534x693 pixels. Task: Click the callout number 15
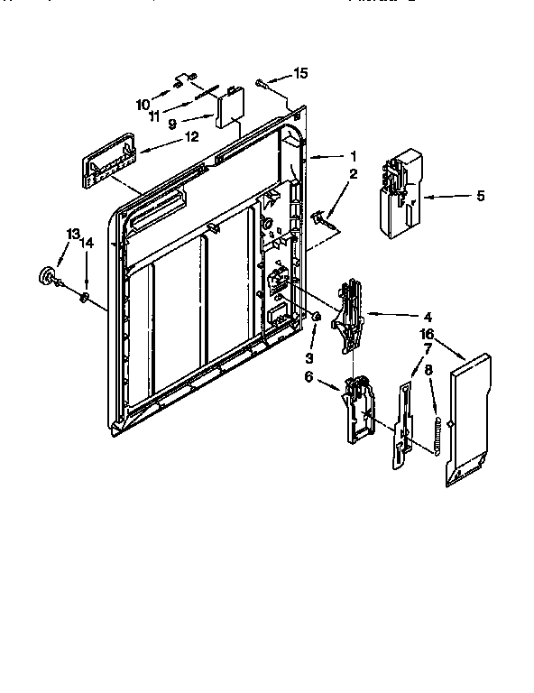pos(301,74)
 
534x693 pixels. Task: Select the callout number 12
pos(190,138)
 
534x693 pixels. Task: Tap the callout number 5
pos(480,195)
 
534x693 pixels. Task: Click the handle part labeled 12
pos(107,160)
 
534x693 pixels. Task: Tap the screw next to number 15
pos(261,83)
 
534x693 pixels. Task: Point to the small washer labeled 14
pos(85,297)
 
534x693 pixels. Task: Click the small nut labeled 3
pos(317,317)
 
